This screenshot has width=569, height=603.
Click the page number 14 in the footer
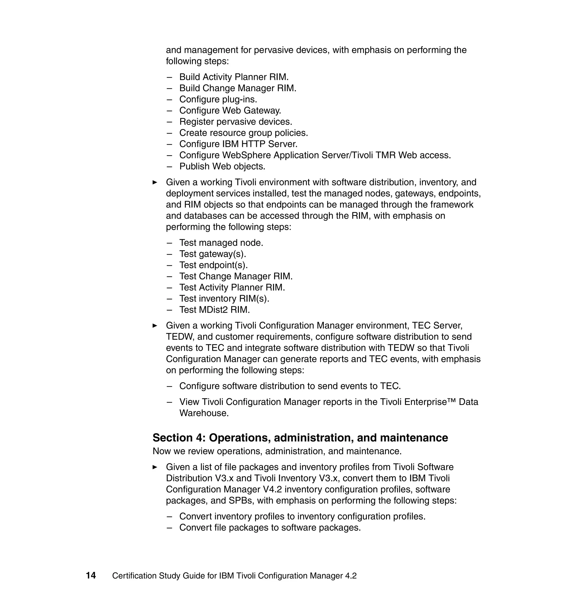pos(91,575)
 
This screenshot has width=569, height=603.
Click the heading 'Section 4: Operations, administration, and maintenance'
pos(300,438)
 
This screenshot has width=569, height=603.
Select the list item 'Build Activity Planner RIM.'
pos(234,77)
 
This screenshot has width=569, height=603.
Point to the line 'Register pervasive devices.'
pos(235,122)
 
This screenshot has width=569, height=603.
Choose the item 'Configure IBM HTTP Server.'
pos(238,144)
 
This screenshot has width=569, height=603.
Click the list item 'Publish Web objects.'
pos(222,166)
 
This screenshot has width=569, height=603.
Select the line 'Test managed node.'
pos(221,243)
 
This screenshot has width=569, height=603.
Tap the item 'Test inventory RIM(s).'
pos(224,298)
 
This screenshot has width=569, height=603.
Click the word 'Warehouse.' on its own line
pos(204,413)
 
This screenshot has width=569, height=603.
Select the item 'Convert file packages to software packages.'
pos(270,527)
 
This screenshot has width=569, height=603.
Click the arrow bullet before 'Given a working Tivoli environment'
pos(155,182)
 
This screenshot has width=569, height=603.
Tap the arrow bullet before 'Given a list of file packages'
pos(155,467)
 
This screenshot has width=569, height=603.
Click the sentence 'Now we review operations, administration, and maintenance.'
pos(277,451)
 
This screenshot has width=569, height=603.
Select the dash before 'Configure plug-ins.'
pos(169,99)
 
